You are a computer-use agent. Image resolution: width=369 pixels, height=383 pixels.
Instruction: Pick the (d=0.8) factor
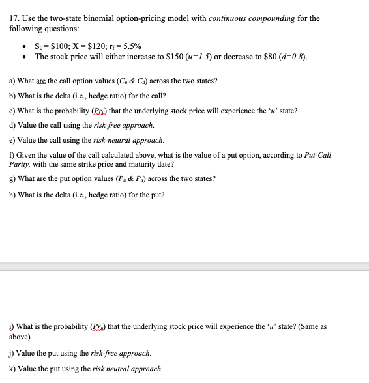pos(290,57)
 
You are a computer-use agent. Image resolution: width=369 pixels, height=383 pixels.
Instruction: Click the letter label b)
pos(12,96)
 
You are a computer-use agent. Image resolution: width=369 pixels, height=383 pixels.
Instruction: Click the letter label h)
pos(12,195)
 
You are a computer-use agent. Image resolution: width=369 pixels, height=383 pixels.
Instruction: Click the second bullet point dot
pos(24,57)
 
